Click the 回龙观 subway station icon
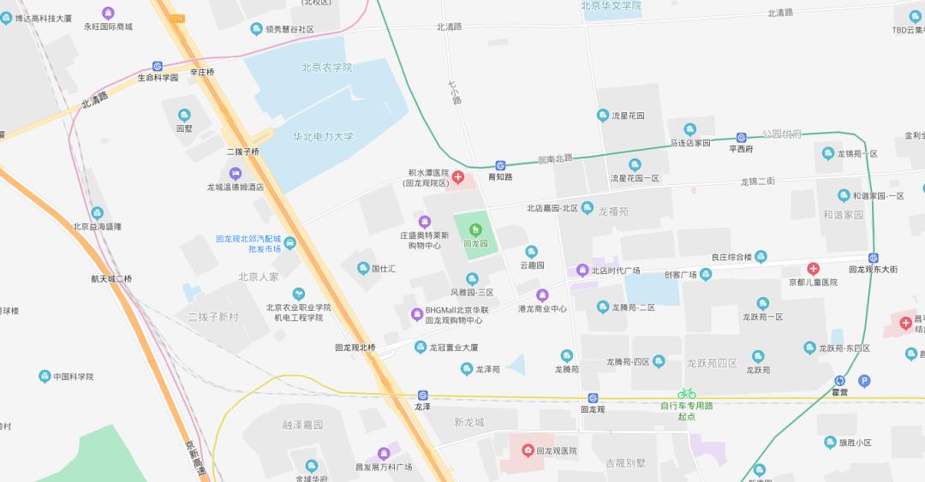click(x=593, y=397)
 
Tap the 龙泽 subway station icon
click(x=422, y=395)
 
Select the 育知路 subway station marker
click(x=500, y=166)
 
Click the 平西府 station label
click(x=741, y=149)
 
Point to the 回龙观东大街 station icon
click(x=874, y=258)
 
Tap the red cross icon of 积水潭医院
click(x=458, y=177)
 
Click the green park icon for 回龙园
click(x=475, y=229)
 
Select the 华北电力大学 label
click(x=323, y=136)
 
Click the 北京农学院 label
click(x=326, y=67)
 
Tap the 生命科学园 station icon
click(x=158, y=66)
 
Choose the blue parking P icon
click(x=864, y=381)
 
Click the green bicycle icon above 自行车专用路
click(x=687, y=394)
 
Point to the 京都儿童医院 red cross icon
click(x=813, y=269)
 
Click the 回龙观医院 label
click(x=557, y=450)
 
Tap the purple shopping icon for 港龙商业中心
click(x=541, y=295)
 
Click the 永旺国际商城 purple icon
click(x=108, y=13)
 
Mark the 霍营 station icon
click(x=839, y=381)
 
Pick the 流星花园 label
click(x=628, y=115)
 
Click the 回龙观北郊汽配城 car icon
click(x=289, y=242)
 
